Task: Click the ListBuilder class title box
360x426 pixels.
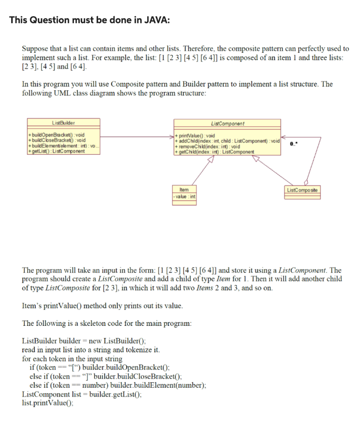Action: click(x=64, y=123)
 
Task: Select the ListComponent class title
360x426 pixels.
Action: click(x=228, y=124)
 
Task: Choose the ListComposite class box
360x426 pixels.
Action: click(x=303, y=190)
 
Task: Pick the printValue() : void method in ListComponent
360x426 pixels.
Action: click(x=196, y=136)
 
